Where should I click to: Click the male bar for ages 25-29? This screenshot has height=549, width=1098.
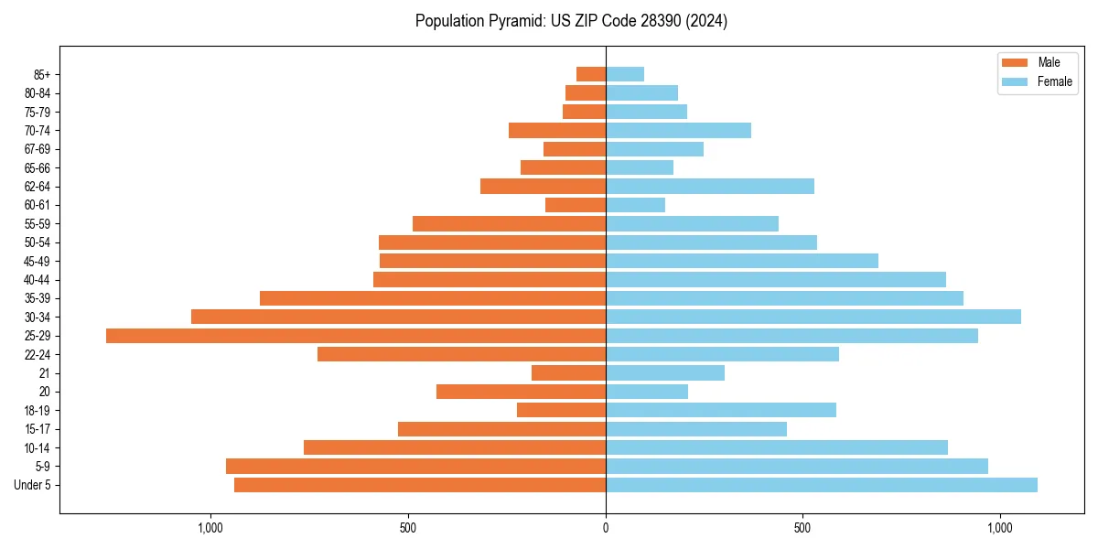coord(356,336)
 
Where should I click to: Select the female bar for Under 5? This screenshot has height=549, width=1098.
coord(821,485)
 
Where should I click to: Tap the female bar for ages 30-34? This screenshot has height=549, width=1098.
coord(813,317)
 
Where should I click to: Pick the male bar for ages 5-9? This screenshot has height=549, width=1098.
coord(415,467)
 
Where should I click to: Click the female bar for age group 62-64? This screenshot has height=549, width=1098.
coord(709,187)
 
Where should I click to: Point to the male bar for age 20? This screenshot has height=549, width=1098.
coord(521,392)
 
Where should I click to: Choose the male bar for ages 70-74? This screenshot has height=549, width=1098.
coord(557,131)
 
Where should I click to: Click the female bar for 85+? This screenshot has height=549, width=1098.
coord(624,74)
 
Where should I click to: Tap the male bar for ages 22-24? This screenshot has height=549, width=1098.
coord(461,354)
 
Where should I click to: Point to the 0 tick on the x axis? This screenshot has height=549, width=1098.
coord(606,528)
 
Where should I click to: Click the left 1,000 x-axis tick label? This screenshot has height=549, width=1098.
coord(210,528)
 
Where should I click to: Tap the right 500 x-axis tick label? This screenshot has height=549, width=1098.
coord(802,528)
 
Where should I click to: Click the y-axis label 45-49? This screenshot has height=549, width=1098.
coord(38,261)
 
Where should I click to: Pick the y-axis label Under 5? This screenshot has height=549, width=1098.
coord(33,485)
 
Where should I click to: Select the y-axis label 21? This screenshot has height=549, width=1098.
coord(45,373)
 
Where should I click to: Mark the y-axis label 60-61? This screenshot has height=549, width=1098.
coord(38,205)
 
